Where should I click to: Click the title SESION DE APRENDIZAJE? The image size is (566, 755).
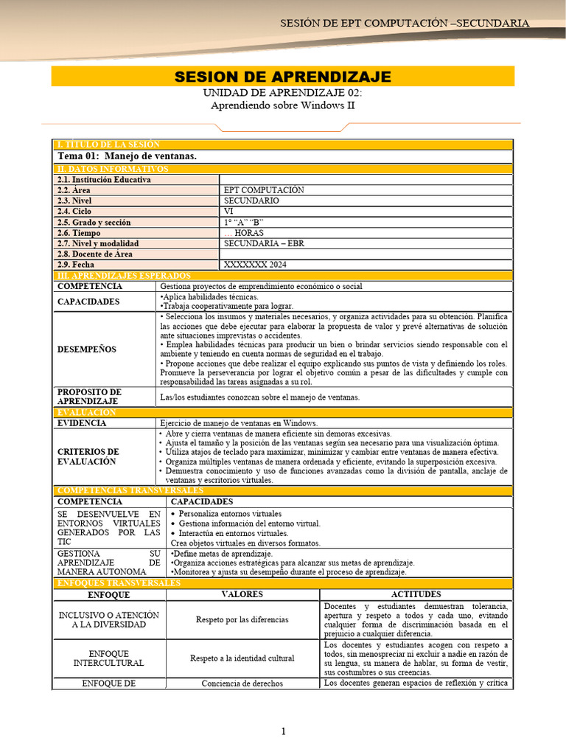coord(282,77)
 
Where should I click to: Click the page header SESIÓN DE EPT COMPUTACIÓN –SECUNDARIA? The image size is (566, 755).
coord(405,23)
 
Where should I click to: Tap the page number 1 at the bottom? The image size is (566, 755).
coord(282,731)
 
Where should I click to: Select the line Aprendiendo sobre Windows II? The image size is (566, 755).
coord(282,105)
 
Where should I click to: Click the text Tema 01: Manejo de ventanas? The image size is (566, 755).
coord(127,156)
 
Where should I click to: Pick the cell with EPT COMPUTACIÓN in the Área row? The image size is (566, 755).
coord(264,190)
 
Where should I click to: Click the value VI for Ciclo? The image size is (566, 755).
coord(228,211)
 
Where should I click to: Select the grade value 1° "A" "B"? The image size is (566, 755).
coord(243,222)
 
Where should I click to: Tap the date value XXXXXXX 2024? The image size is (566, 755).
coord(255,264)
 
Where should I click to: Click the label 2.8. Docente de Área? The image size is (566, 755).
coord(95,254)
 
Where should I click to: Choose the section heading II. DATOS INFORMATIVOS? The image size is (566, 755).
coord(113,169)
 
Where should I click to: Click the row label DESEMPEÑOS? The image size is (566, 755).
coord(86,349)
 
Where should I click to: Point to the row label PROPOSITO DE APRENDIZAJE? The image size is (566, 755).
coord(89,396)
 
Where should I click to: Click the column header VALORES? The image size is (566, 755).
coord(242,594)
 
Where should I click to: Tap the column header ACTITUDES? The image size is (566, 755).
coord(416,594)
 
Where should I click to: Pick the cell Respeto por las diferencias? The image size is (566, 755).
coord(242,620)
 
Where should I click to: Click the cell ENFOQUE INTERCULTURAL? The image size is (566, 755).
coord(109,658)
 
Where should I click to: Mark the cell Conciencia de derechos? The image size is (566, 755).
coord(242,683)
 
